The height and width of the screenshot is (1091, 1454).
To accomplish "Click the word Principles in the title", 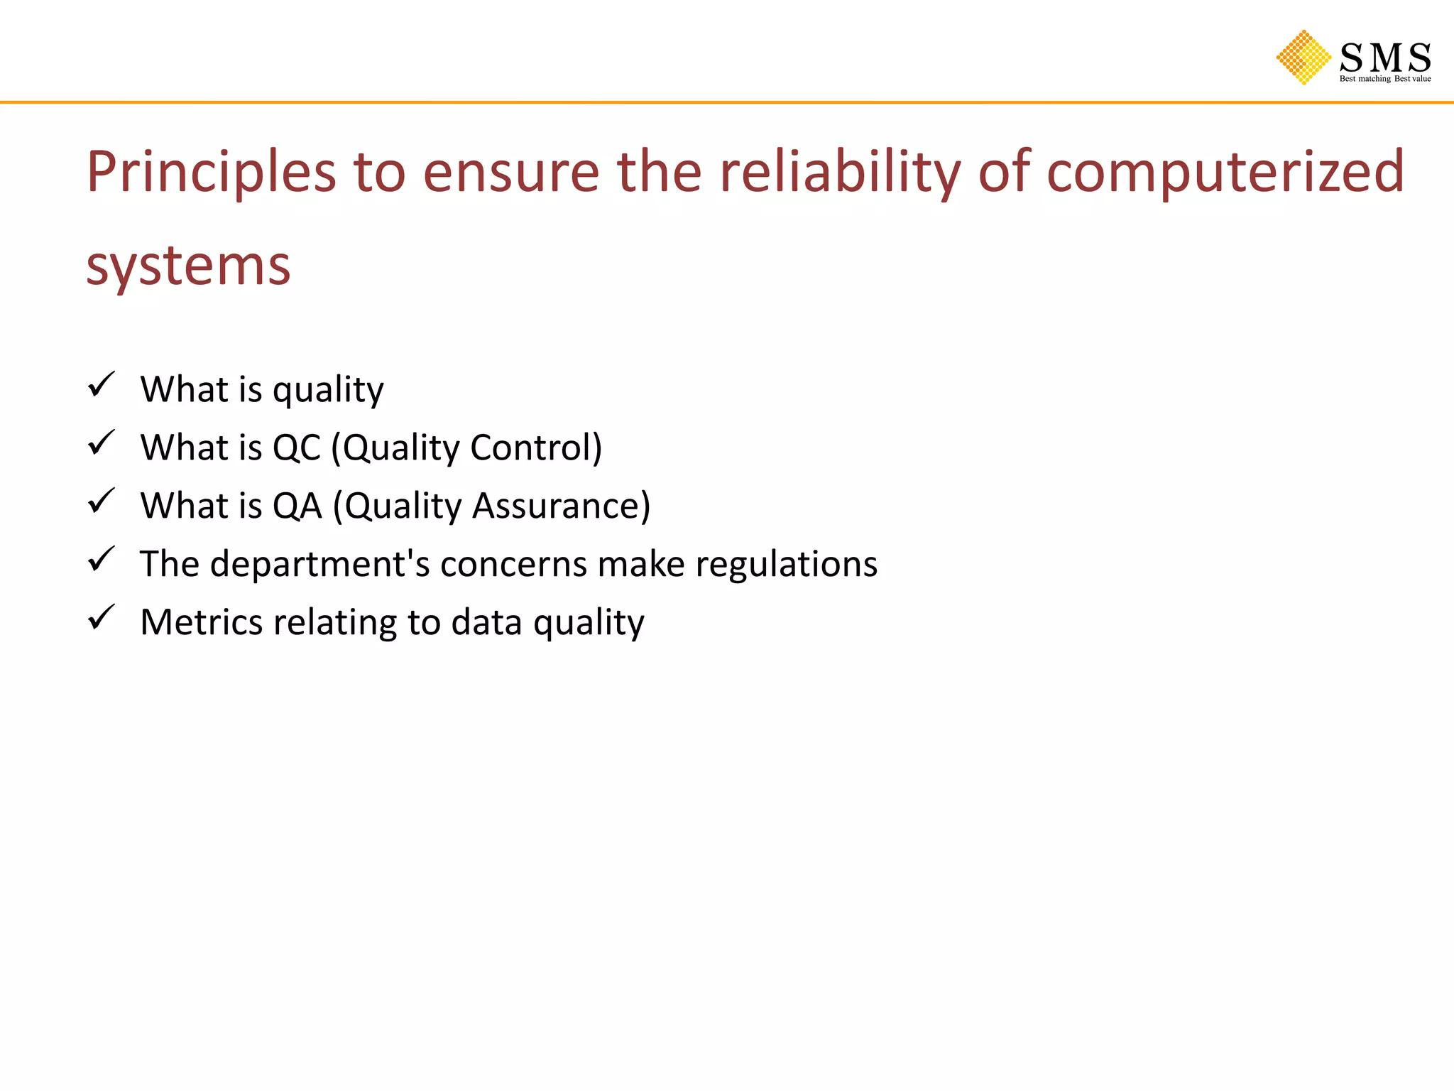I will [x=211, y=173].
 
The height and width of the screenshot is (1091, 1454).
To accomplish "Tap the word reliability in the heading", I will [x=840, y=173].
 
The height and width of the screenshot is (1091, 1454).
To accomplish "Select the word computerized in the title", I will [x=1225, y=173].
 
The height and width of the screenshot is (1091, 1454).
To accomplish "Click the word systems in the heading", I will [x=188, y=266].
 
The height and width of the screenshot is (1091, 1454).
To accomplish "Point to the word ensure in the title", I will [x=511, y=173].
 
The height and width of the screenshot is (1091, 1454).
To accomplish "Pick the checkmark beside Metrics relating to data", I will [x=102, y=617].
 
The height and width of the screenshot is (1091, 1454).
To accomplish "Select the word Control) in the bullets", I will [x=536, y=448].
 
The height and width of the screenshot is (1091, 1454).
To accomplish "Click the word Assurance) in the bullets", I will [x=561, y=506].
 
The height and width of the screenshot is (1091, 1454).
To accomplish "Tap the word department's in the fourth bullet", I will [x=319, y=565].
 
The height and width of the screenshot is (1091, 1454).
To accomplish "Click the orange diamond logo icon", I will [x=1303, y=58].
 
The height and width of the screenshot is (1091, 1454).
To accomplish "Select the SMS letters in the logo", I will [x=1384, y=58].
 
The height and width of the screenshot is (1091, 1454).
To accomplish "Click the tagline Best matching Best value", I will [x=1384, y=79].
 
